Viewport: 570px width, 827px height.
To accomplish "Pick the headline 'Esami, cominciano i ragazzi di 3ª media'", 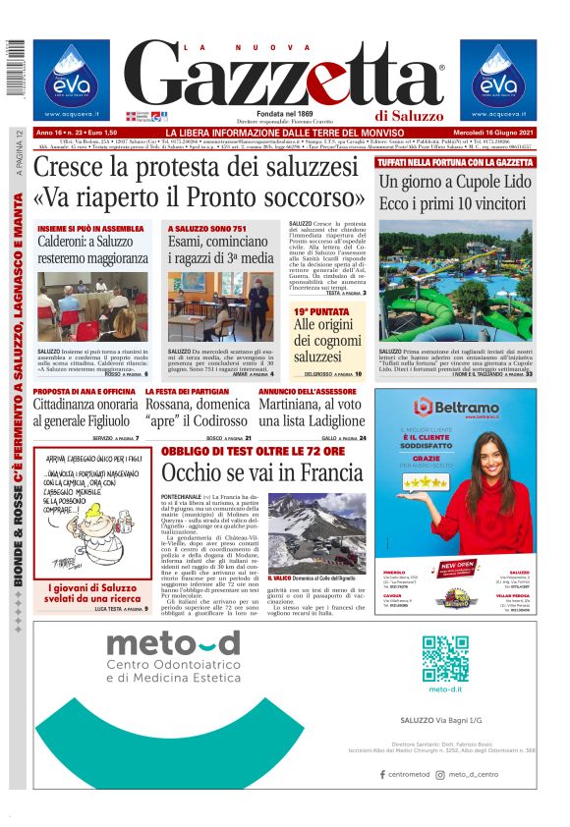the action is click(x=221, y=249).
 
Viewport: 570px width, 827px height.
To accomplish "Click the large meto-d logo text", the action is click(x=173, y=643).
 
